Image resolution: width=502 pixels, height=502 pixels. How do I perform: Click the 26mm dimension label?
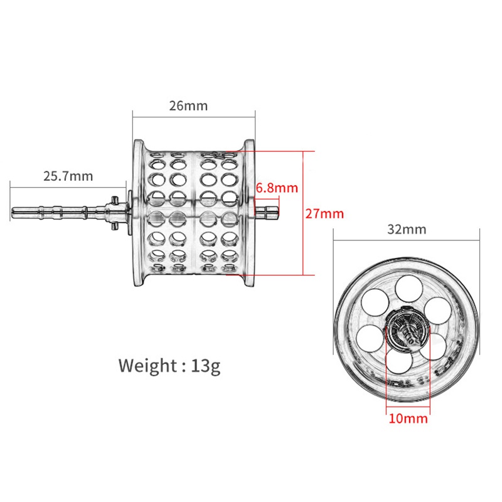[x=188, y=105]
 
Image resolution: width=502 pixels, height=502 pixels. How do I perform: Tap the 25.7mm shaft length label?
[x=68, y=176]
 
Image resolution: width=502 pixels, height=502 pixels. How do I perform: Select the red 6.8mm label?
[x=277, y=188]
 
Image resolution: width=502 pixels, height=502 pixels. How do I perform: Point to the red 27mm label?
[x=324, y=213]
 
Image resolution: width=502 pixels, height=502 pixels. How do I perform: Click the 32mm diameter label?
[x=407, y=229]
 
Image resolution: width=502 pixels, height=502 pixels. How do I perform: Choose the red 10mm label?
[x=409, y=419]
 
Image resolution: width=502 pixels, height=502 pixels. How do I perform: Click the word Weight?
[x=147, y=366]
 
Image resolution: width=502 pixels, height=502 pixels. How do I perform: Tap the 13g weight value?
[x=206, y=366]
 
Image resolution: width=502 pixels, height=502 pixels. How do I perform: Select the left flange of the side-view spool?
[x=139, y=213]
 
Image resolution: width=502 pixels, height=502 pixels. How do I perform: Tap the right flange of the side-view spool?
[x=249, y=213]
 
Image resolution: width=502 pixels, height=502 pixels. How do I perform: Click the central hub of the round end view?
[x=408, y=331]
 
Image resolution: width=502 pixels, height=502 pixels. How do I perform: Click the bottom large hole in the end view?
[x=400, y=360]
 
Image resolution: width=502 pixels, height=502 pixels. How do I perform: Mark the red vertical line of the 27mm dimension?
[x=302, y=213]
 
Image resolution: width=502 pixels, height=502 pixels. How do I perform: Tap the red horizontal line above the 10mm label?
[x=409, y=407]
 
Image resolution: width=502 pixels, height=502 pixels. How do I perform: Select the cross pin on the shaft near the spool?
[x=114, y=213]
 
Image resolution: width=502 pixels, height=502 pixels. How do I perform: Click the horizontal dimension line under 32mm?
[x=406, y=240]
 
